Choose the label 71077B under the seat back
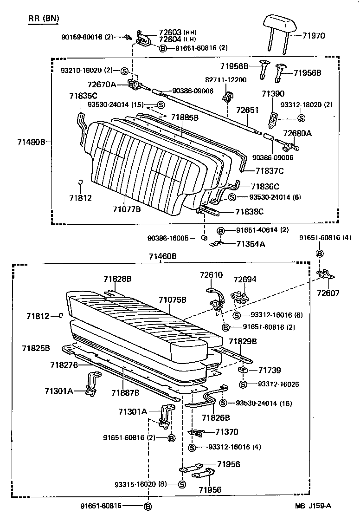coord(126,209)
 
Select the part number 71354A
coord(251,244)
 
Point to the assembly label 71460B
coord(162,256)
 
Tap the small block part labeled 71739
coord(242,370)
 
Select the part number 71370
coord(227,432)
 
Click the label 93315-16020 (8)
coord(141,484)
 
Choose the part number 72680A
coord(298,133)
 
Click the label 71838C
coord(249,211)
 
